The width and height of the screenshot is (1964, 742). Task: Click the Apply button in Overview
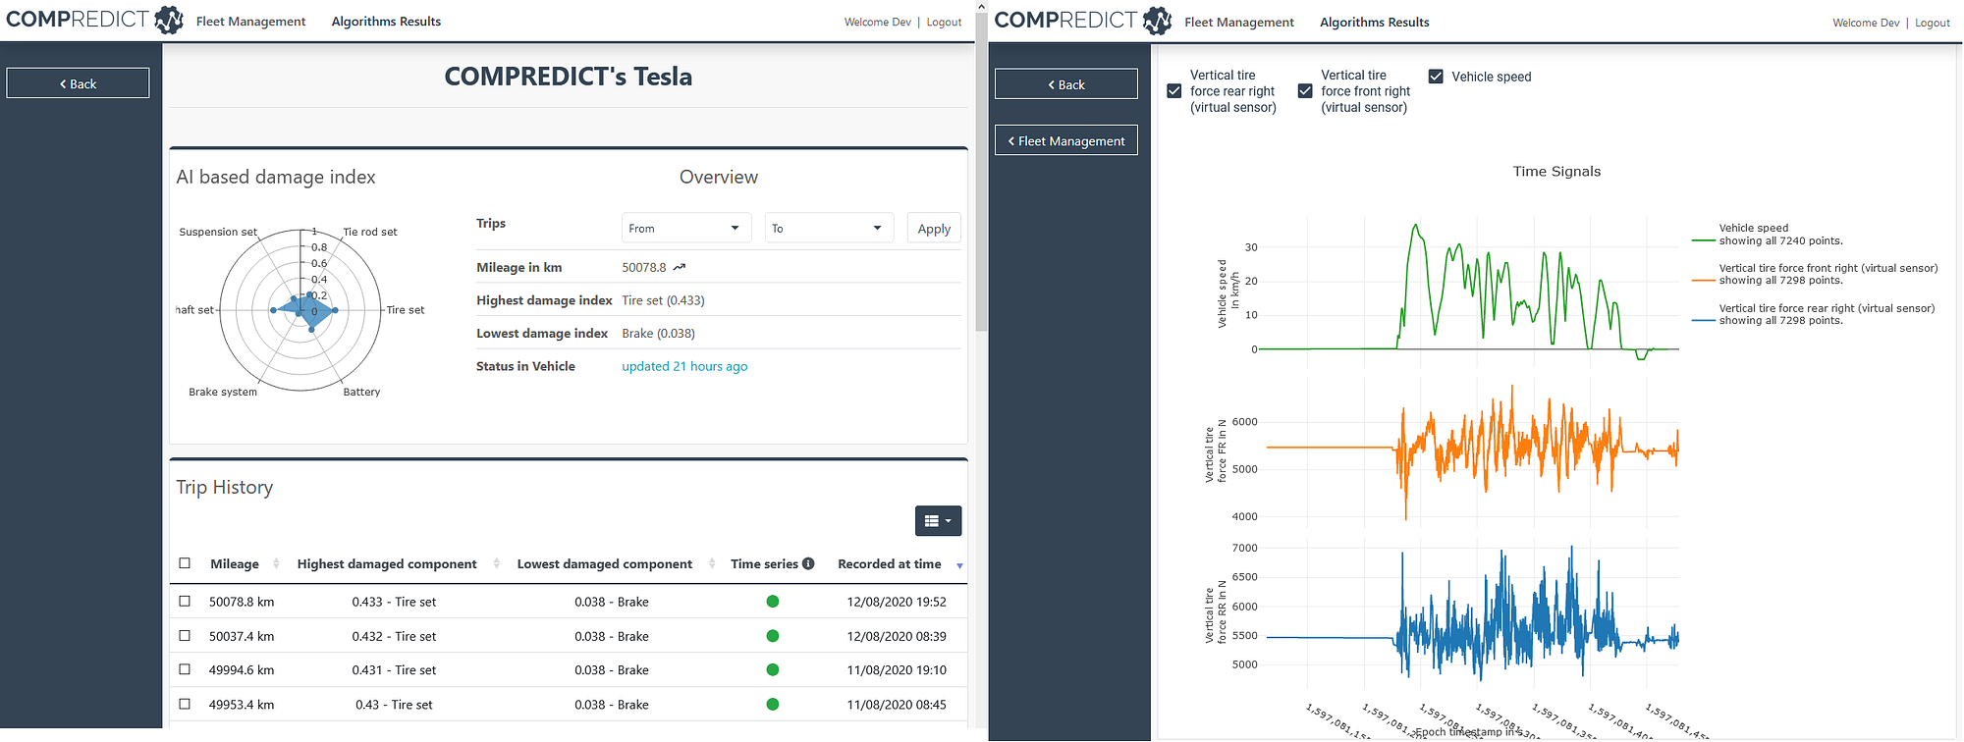tap(933, 229)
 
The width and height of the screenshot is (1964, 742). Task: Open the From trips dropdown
tap(685, 229)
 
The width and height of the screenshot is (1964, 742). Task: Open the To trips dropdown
tap(829, 229)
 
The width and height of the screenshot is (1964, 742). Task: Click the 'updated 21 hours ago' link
tap(684, 366)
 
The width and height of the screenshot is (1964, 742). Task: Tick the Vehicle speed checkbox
tap(1436, 77)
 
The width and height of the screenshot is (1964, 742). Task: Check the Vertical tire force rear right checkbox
tap(1173, 91)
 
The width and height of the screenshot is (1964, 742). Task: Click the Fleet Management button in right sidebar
tap(1066, 141)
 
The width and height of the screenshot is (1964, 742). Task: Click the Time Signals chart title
tap(1556, 172)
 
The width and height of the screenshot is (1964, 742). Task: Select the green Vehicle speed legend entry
tap(1766, 235)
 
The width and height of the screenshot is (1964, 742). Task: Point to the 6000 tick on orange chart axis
tap(1243, 422)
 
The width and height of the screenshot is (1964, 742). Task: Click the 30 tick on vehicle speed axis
tap(1250, 247)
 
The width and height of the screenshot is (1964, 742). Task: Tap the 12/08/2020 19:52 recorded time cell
tap(896, 602)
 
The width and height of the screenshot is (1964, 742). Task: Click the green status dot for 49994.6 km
tap(773, 670)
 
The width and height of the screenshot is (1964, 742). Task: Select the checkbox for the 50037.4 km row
tap(185, 636)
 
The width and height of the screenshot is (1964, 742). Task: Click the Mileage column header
tap(235, 564)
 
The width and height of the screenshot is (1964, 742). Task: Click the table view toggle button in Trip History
tap(938, 521)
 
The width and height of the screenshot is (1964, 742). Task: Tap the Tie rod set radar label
tap(369, 233)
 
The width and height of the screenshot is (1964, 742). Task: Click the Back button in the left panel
tap(78, 84)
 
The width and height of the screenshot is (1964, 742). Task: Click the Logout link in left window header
tap(944, 22)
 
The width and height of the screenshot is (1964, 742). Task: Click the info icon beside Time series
tap(808, 564)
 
